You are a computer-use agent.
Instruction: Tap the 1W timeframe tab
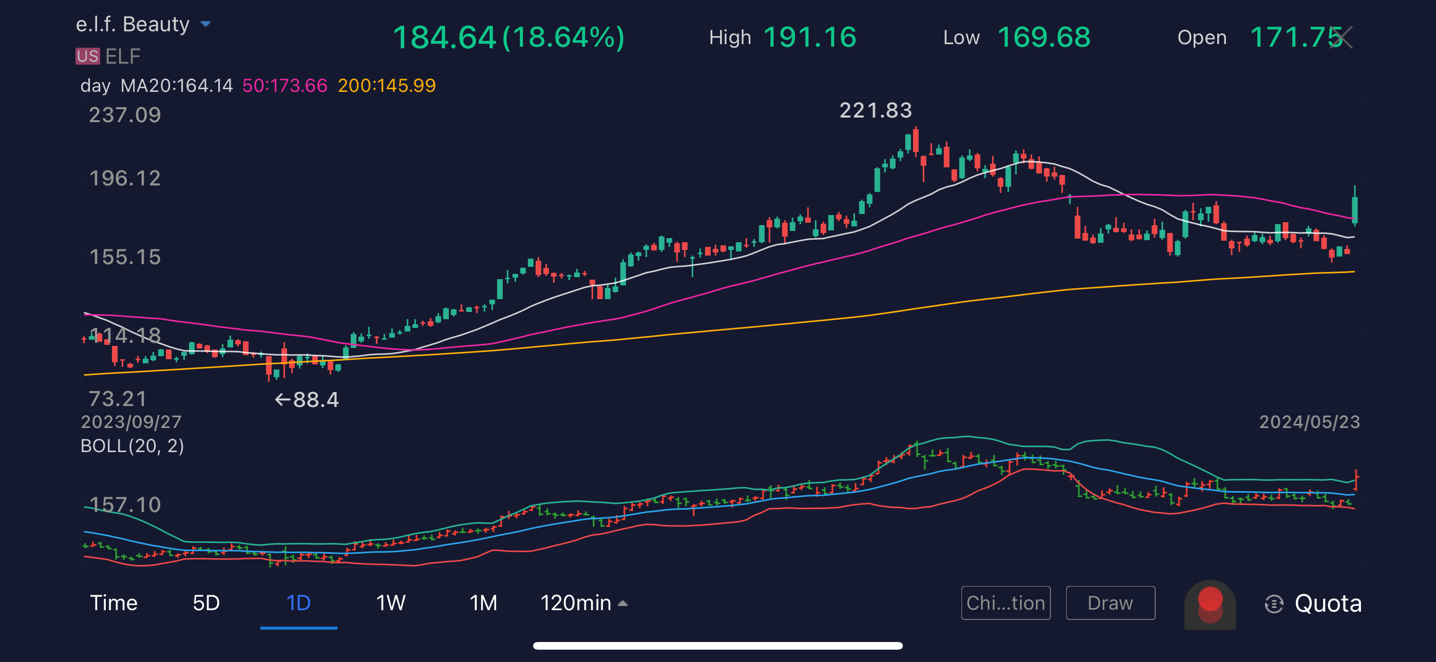click(x=390, y=603)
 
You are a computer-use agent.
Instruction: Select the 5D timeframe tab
click(x=206, y=603)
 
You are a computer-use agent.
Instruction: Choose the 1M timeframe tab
click(x=483, y=603)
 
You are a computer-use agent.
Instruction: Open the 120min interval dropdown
click(x=583, y=603)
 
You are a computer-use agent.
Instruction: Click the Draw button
click(x=1110, y=603)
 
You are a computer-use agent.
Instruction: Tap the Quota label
click(x=1327, y=603)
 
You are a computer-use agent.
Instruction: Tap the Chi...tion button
click(x=1005, y=603)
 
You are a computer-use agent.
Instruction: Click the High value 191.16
click(x=809, y=37)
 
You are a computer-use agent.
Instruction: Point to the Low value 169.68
click(x=1043, y=37)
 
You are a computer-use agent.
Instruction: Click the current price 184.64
click(x=444, y=38)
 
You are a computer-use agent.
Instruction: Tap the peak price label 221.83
click(x=875, y=110)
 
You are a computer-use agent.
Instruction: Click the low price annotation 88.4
click(x=315, y=400)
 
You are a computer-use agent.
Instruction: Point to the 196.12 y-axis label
click(x=125, y=178)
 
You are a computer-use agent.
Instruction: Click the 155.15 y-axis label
click(x=125, y=257)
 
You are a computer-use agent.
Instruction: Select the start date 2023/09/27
click(x=131, y=422)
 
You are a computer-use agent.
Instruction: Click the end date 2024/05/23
click(x=1310, y=422)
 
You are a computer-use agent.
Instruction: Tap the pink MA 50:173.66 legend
click(x=285, y=85)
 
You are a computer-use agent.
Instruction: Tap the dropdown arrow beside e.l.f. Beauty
click(x=206, y=24)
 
